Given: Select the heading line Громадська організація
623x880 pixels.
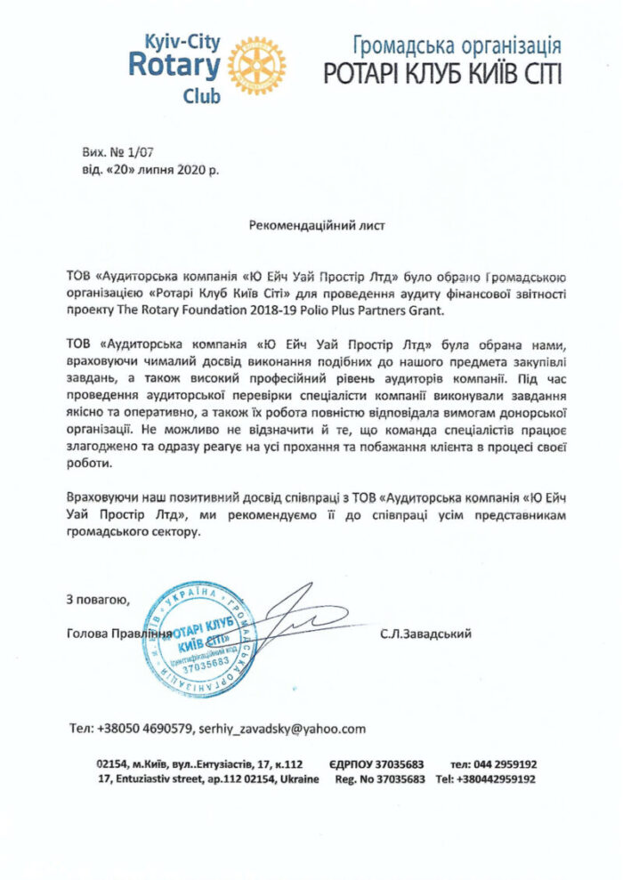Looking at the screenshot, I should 457,45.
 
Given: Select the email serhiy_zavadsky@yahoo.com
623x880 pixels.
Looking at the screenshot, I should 282,729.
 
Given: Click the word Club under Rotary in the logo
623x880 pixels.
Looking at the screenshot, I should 201,96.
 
